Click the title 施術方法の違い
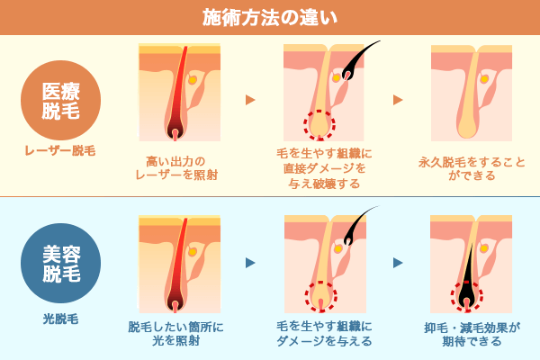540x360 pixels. (270, 17)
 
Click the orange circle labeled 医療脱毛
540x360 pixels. (61, 100)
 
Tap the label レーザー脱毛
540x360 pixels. (60, 151)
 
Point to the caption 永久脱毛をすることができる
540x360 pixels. (472, 167)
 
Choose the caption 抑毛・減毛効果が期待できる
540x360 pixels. (472, 334)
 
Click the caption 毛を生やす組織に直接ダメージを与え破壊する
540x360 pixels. (324, 168)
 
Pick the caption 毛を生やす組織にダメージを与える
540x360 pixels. (324, 333)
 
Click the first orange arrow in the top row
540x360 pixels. (250, 100)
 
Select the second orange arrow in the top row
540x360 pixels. (398, 100)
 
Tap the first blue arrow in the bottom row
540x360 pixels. (250, 263)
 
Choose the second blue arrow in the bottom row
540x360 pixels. (398, 263)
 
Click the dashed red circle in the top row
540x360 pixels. (319, 124)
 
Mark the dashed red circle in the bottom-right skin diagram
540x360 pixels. (466, 295)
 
